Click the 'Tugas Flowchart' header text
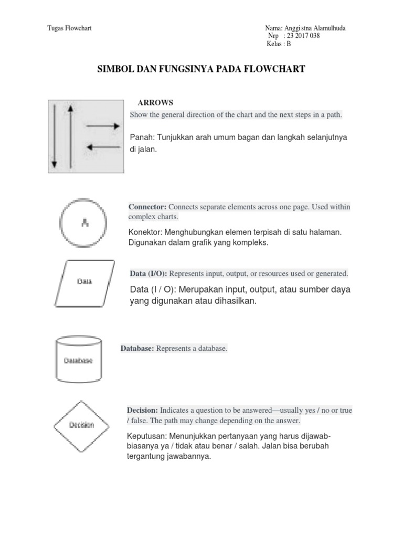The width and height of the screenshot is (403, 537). tap(69, 28)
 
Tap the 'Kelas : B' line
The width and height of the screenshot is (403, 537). tap(279, 44)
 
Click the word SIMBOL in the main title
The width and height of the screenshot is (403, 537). tap(115, 69)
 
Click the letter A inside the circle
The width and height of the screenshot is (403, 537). tap(84, 223)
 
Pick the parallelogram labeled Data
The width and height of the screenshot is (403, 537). tap(84, 282)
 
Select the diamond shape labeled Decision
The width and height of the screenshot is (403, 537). tap(81, 424)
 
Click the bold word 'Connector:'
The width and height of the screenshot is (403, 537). tap(147, 207)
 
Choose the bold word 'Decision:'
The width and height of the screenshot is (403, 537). tap(142, 410)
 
